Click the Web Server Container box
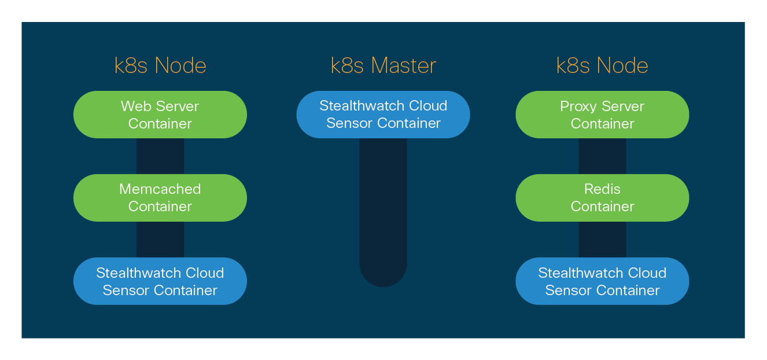[160, 115]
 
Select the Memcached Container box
[160, 197]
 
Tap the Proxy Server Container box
[602, 115]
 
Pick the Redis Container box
[602, 197]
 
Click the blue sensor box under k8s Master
[383, 115]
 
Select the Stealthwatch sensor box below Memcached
[160, 281]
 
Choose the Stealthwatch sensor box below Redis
[602, 281]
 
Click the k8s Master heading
[383, 65]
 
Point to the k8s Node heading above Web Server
[160, 65]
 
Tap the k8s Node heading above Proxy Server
[602, 65]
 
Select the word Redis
[602, 189]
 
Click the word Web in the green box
[133, 106]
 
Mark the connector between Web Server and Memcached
[160, 156]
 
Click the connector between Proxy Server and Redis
[602, 156]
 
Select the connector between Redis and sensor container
[602, 240]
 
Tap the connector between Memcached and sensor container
[160, 240]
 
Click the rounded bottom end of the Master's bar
[383, 277]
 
